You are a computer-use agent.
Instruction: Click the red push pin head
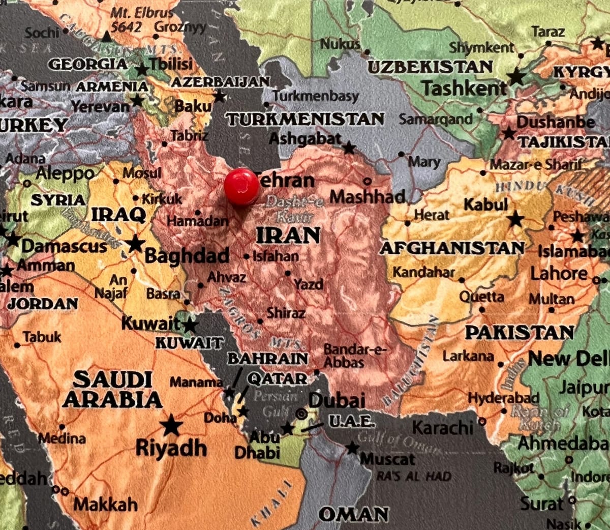(x=241, y=187)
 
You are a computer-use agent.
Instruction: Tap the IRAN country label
(x=288, y=235)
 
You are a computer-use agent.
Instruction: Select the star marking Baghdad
(x=135, y=244)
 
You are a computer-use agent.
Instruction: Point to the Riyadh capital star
(x=171, y=425)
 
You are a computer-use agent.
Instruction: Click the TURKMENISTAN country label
(x=305, y=119)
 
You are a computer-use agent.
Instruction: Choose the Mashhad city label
(x=368, y=196)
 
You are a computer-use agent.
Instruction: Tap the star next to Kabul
(x=515, y=219)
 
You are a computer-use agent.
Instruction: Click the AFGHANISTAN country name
(x=452, y=248)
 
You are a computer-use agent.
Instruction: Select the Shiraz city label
(x=286, y=312)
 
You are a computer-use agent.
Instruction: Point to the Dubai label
(x=337, y=400)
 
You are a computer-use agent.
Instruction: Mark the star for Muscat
(x=352, y=448)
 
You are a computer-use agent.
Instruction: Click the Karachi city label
(x=442, y=428)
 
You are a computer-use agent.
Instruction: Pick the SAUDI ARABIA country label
(x=112, y=390)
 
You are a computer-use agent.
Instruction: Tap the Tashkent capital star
(x=516, y=77)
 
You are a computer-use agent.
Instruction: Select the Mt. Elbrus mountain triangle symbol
(x=106, y=37)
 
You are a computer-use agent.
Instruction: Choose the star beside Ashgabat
(x=349, y=148)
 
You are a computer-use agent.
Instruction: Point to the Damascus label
(x=64, y=247)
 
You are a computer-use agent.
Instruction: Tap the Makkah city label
(x=105, y=504)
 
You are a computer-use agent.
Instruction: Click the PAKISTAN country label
(x=519, y=333)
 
